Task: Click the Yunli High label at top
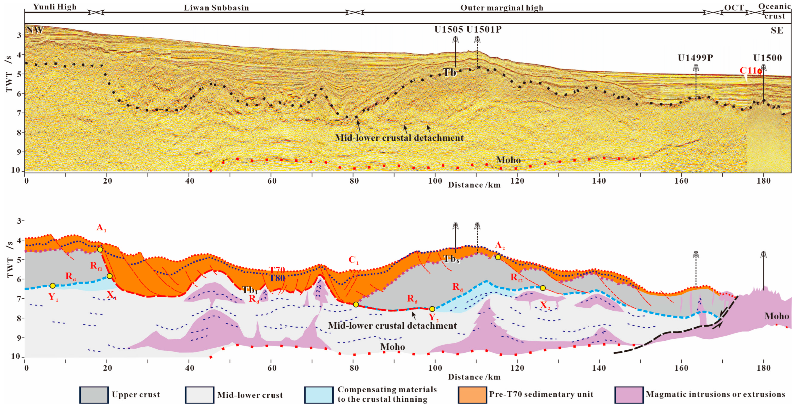click(55, 7)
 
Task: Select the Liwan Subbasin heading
click(216, 8)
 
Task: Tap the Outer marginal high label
click(502, 8)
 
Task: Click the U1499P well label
click(695, 58)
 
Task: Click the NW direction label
click(35, 30)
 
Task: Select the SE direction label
click(776, 30)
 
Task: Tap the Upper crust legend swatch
click(94, 395)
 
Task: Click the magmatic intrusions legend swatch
click(629, 395)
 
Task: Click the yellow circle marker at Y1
click(53, 286)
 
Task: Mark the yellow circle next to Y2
click(432, 309)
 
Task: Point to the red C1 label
click(353, 260)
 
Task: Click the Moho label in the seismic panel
click(508, 160)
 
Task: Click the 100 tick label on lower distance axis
click(435, 368)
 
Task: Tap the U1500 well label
click(767, 58)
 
